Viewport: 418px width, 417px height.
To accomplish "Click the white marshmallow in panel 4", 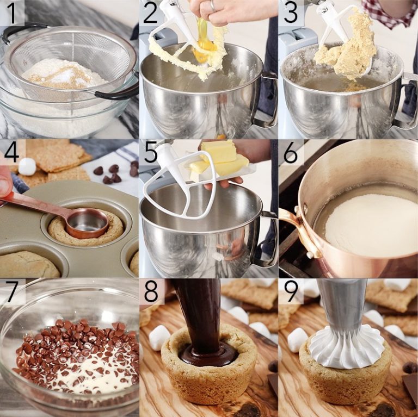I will tap(27, 166).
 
